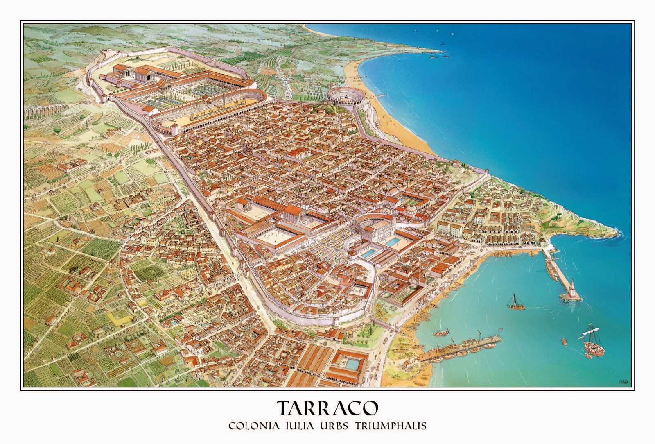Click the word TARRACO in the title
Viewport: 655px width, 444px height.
tap(327, 408)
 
